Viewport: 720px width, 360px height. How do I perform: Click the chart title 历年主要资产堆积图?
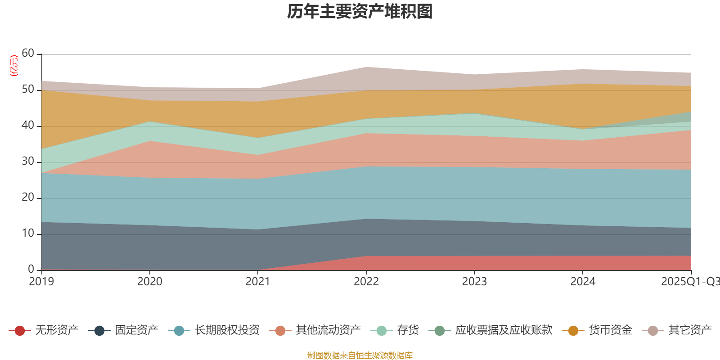pos(360,12)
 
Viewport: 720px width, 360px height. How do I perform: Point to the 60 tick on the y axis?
pos(28,53)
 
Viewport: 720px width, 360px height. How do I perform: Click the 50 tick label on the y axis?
pos(28,89)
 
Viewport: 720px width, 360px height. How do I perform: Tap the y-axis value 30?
pos(28,161)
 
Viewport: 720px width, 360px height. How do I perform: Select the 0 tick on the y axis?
pos(31,269)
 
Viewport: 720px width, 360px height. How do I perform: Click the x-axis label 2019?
pos(41,282)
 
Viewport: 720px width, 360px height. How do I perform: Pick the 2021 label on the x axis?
pos(257,282)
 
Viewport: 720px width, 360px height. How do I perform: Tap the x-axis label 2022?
pos(366,282)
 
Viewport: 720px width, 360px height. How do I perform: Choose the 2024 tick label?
pos(583,282)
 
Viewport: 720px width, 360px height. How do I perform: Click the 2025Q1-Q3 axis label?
pos(690,282)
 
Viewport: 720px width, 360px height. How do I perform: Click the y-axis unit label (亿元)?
pos(14,66)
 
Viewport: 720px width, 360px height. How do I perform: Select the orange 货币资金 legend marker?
pos(573,331)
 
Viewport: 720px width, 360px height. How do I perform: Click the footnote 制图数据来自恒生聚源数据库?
pos(360,355)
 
